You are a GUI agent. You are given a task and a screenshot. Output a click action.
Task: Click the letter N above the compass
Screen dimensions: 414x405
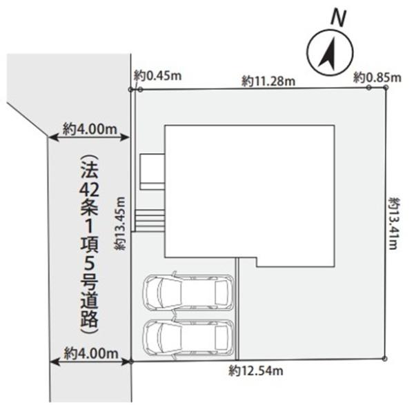click(x=338, y=18)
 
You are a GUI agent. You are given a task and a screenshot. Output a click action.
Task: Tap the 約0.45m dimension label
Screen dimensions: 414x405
click(x=157, y=76)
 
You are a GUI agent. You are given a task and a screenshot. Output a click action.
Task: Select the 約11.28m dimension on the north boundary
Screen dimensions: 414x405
click(x=268, y=81)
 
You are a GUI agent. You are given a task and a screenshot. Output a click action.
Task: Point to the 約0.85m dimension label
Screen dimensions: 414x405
click(x=377, y=77)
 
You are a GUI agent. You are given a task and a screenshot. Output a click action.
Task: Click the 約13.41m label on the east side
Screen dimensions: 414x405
click(x=393, y=223)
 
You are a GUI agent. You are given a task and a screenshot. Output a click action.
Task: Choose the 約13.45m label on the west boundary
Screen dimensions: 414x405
click(x=119, y=224)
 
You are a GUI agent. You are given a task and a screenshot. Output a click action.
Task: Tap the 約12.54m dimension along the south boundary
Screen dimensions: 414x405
click(x=256, y=371)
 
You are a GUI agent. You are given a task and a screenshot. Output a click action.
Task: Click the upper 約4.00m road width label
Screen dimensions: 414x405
click(x=90, y=129)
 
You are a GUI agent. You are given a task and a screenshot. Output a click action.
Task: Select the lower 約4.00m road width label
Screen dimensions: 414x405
click(x=91, y=353)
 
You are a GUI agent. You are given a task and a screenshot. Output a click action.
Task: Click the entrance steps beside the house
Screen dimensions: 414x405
click(x=150, y=221)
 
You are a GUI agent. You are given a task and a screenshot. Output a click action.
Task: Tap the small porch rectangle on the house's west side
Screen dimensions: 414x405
click(x=152, y=172)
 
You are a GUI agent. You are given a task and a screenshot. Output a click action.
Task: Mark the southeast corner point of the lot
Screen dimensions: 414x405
click(x=385, y=359)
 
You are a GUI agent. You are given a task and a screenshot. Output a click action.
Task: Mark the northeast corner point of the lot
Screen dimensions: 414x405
click(x=386, y=87)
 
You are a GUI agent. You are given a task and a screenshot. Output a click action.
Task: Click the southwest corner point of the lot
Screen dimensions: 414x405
click(x=131, y=362)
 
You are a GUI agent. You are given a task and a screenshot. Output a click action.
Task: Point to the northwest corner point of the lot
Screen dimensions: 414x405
click(x=130, y=90)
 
